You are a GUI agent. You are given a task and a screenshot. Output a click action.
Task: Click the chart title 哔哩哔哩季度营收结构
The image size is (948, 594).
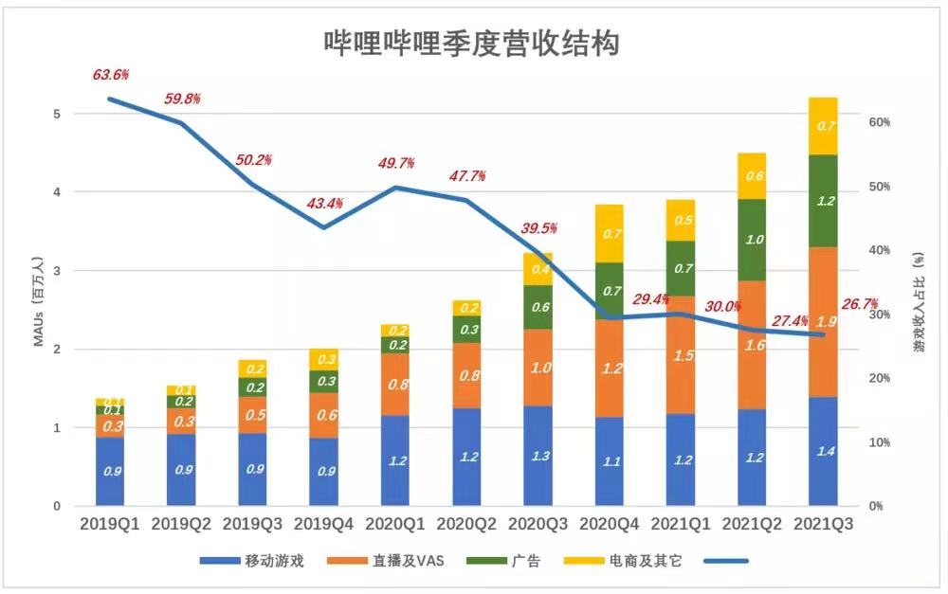(471, 43)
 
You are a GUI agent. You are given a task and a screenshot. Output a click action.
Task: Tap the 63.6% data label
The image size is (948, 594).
(111, 74)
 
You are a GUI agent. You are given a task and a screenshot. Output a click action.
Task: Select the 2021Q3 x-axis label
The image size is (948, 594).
(823, 524)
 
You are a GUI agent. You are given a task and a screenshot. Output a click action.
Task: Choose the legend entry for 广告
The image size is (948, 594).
(507, 561)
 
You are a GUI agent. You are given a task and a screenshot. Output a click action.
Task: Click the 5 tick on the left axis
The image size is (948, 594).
(57, 114)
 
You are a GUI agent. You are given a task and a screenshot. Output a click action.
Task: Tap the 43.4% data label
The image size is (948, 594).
(325, 204)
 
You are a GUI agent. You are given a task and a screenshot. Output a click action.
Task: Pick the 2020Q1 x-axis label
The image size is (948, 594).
(395, 524)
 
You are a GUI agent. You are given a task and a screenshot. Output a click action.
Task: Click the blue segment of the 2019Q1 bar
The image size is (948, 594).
(110, 471)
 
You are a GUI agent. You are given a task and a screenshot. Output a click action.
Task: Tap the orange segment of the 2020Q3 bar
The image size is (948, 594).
(538, 367)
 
